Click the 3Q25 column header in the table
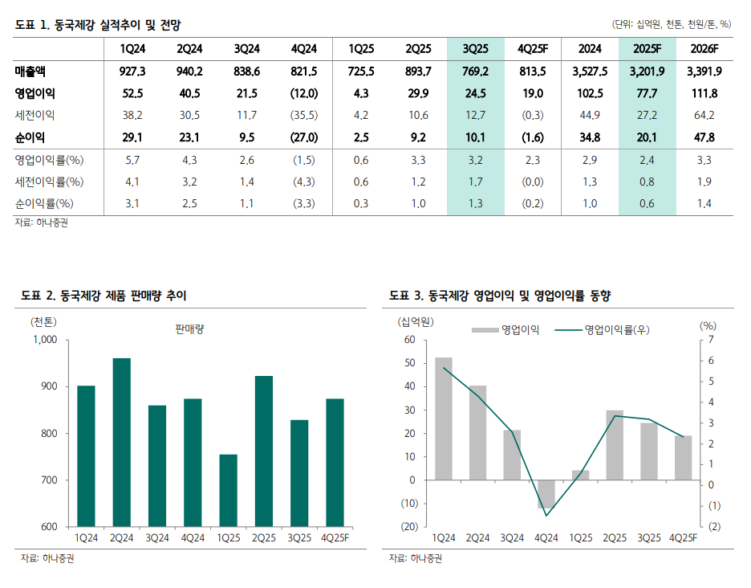(476, 48)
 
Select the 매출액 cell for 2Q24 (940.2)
(189, 71)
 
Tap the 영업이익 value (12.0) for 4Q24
(304, 93)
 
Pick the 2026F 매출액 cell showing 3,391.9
(704, 71)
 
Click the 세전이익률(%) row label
(49, 182)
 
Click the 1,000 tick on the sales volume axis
(46, 340)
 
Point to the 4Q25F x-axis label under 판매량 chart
(335, 537)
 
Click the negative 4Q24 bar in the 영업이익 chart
(546, 494)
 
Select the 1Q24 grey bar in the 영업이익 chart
(444, 419)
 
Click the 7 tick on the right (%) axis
(712, 340)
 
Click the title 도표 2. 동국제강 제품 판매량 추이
(104, 296)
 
